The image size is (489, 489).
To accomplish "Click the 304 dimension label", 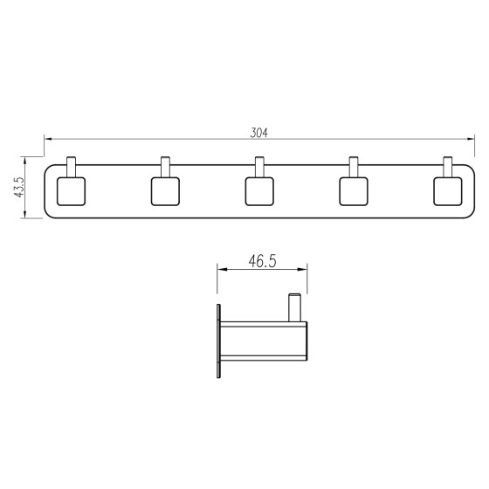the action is coord(258,133).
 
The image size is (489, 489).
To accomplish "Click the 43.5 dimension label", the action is coord(19,187).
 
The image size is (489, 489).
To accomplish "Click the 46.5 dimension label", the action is coord(262,261).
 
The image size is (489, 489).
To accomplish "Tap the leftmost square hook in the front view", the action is coord(71,191).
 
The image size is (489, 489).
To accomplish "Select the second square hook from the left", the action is coord(165,191).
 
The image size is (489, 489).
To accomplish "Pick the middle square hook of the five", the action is coord(259,191).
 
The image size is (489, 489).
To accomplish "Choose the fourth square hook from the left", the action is coord(354,191).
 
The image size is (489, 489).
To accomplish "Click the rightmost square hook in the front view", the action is coord(448,191).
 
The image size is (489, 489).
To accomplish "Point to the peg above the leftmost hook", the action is coord(71,167).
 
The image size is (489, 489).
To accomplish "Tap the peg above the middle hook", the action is coord(259,167).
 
